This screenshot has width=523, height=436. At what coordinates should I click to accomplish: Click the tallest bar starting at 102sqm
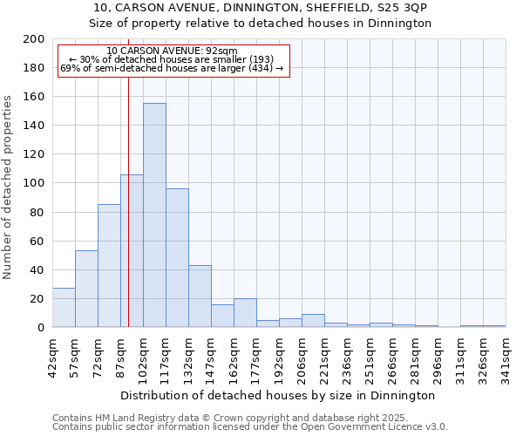[x=154, y=215]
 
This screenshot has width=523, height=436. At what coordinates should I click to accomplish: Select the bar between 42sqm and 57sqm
[x=64, y=308]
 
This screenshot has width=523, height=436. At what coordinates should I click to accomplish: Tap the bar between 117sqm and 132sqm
[x=177, y=258]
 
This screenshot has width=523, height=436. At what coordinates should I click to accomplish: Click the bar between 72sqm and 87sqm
[x=109, y=266]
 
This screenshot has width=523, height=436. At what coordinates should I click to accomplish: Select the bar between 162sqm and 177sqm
[x=245, y=313]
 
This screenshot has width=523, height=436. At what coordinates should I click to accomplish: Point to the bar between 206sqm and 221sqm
[x=313, y=321]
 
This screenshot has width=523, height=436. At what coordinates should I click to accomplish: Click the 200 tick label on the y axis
[x=33, y=39]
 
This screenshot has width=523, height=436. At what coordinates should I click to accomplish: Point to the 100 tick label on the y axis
[x=33, y=183]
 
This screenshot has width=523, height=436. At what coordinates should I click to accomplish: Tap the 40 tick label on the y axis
[x=37, y=269]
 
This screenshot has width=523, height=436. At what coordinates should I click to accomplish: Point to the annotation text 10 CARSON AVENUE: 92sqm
[x=171, y=51]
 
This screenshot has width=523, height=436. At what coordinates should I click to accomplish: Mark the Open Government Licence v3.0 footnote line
[x=249, y=427]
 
